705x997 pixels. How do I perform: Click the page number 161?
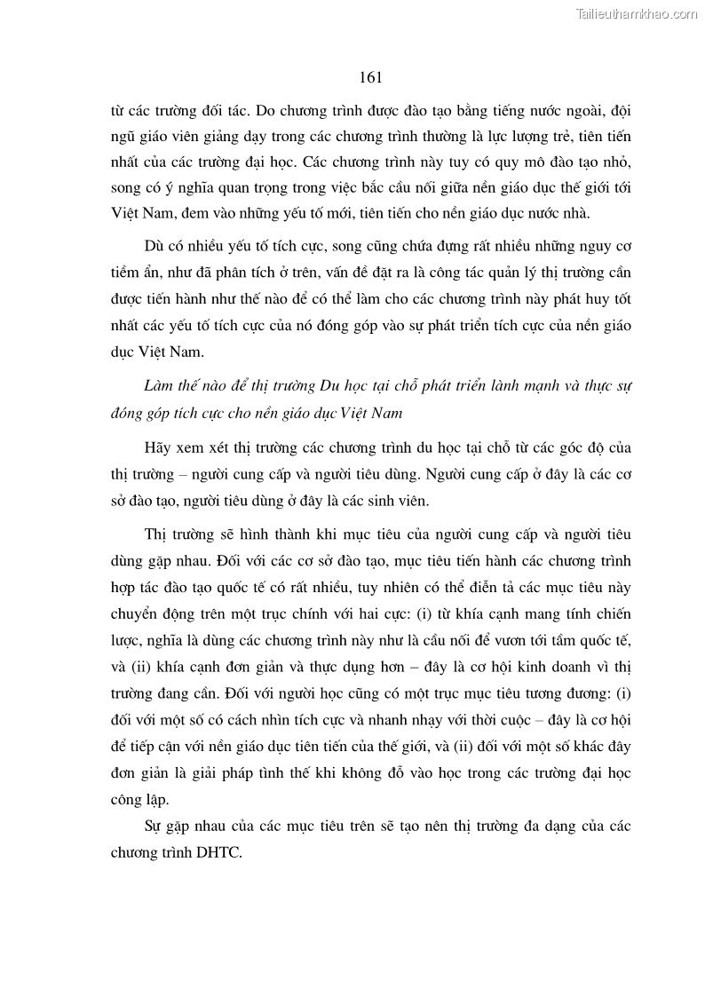(x=370, y=77)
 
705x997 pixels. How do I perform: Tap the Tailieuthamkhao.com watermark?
(x=638, y=13)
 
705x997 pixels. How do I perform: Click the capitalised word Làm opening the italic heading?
(x=158, y=386)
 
